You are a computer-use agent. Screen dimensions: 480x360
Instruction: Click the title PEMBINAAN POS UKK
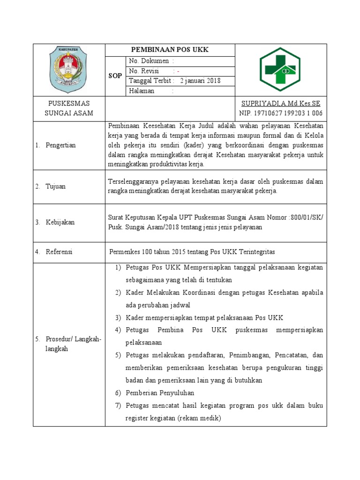point(170,50)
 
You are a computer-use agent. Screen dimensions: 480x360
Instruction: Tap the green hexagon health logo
point(280,69)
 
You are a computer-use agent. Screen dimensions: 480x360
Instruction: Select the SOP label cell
point(115,76)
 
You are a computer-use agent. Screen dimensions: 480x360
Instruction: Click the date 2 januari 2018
point(200,81)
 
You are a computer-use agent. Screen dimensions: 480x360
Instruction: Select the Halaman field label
point(141,91)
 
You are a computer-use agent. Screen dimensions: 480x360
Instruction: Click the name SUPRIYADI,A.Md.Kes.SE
point(280,103)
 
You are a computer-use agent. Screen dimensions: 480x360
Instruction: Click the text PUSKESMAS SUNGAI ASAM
point(69,108)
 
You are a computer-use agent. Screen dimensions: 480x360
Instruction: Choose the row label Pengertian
point(60,145)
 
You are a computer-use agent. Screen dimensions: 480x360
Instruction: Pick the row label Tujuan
point(55,186)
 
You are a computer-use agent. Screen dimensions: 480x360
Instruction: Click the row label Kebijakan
point(60,222)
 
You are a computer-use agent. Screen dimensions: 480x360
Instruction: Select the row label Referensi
point(59,252)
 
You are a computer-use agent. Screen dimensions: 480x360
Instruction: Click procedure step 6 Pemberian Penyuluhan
point(160,393)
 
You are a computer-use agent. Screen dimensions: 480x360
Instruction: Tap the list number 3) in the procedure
point(118,317)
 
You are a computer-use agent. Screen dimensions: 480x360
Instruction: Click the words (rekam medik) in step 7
point(199,418)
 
